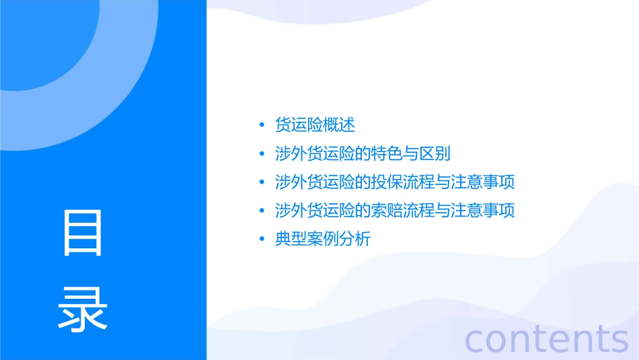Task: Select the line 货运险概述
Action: (x=315, y=125)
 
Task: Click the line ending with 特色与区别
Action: (x=363, y=153)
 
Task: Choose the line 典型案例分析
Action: (x=323, y=239)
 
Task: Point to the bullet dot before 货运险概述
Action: (x=261, y=126)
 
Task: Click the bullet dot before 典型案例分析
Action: (x=261, y=240)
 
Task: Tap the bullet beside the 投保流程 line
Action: (x=261, y=182)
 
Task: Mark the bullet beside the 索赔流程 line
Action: (x=261, y=211)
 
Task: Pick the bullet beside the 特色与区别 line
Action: (x=261, y=154)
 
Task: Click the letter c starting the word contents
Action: (x=474, y=339)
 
